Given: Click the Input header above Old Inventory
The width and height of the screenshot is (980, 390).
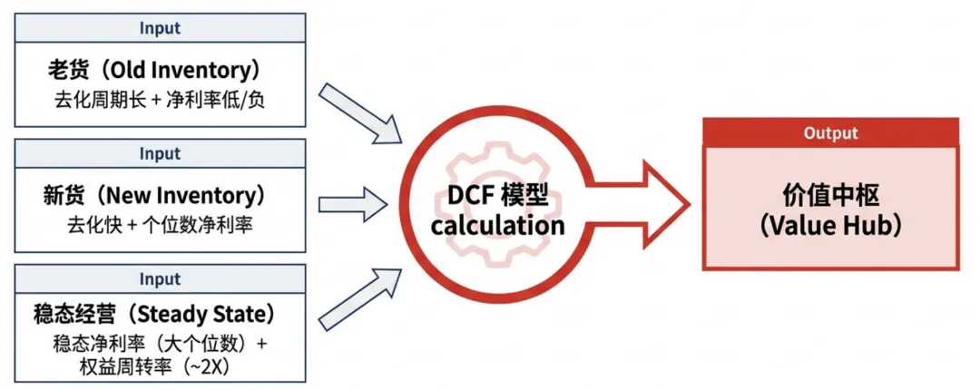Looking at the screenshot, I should pos(160,27).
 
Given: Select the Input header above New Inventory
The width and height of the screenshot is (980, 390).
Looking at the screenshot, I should pos(160,153).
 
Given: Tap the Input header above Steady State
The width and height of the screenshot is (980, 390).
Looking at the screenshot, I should pos(160,278).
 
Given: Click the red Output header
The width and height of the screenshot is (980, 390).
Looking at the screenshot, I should pos(830,132).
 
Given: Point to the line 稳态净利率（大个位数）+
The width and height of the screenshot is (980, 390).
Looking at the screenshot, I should pos(160,344).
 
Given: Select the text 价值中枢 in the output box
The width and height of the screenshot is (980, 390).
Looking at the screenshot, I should pos(830,193).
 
